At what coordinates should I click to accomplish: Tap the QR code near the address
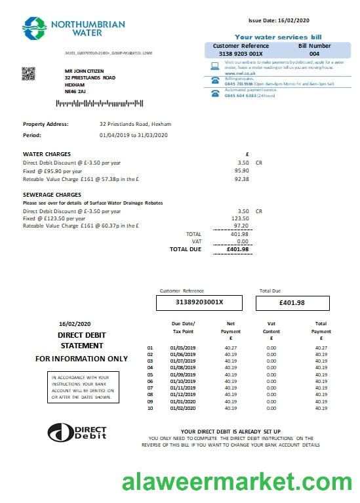(x=28, y=74)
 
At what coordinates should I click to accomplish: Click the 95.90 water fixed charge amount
(x=243, y=171)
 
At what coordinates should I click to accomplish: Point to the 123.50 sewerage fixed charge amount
(x=241, y=219)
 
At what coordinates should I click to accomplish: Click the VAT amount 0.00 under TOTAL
(x=243, y=241)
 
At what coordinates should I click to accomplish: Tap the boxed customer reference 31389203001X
(x=199, y=302)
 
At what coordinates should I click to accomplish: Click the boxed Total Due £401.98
(x=292, y=302)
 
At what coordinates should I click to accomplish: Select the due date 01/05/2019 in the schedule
(x=183, y=348)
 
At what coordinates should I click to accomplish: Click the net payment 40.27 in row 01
(x=231, y=348)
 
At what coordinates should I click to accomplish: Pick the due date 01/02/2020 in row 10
(x=183, y=408)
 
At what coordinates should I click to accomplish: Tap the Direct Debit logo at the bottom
(x=77, y=432)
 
